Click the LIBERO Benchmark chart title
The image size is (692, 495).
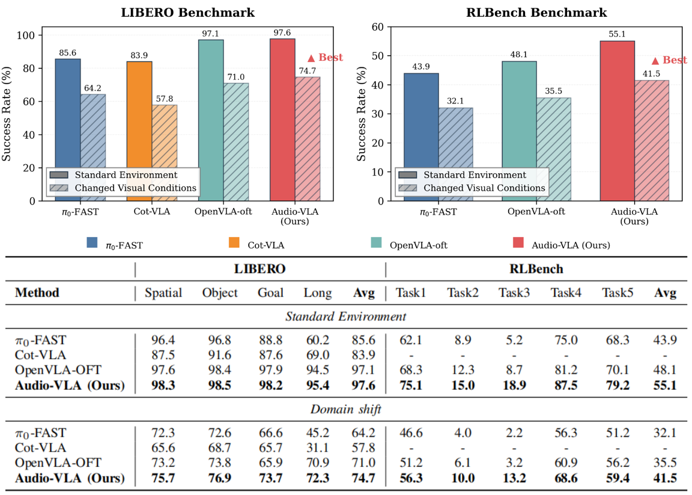(x=189, y=12)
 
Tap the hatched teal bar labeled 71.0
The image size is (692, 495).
(x=235, y=142)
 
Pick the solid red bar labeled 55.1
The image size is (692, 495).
(x=618, y=120)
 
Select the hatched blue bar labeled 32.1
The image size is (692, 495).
(x=455, y=154)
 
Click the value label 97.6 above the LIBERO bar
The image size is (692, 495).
(x=283, y=34)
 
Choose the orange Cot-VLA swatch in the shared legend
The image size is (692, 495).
(x=234, y=242)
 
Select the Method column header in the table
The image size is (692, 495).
(x=37, y=293)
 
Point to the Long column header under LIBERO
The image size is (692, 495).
(x=318, y=293)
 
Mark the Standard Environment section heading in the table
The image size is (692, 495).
(x=346, y=316)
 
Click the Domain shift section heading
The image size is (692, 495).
(x=346, y=409)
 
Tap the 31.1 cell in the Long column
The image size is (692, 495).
(x=318, y=447)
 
